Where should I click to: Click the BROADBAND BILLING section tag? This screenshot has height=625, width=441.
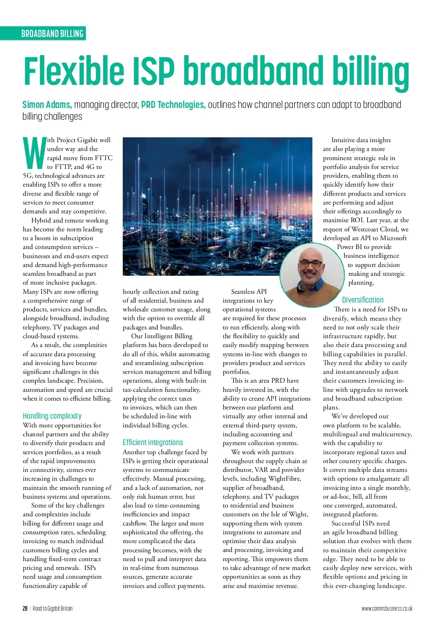click(x=52, y=34)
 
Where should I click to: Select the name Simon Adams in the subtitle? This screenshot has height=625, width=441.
click(x=47, y=105)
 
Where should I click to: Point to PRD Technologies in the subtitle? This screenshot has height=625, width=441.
click(x=173, y=105)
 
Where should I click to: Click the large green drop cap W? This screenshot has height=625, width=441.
click(x=34, y=152)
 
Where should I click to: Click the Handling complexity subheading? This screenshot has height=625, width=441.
click(x=52, y=416)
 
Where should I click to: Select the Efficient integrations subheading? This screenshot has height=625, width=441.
click(x=153, y=442)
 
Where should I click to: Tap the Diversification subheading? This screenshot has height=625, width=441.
click(x=362, y=300)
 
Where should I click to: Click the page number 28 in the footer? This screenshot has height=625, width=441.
click(x=25, y=608)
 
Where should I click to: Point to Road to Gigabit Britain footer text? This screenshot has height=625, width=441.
click(x=53, y=608)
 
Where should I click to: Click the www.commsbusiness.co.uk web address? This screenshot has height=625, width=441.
click(x=387, y=608)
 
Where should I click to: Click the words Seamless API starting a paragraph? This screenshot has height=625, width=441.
click(x=249, y=292)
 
